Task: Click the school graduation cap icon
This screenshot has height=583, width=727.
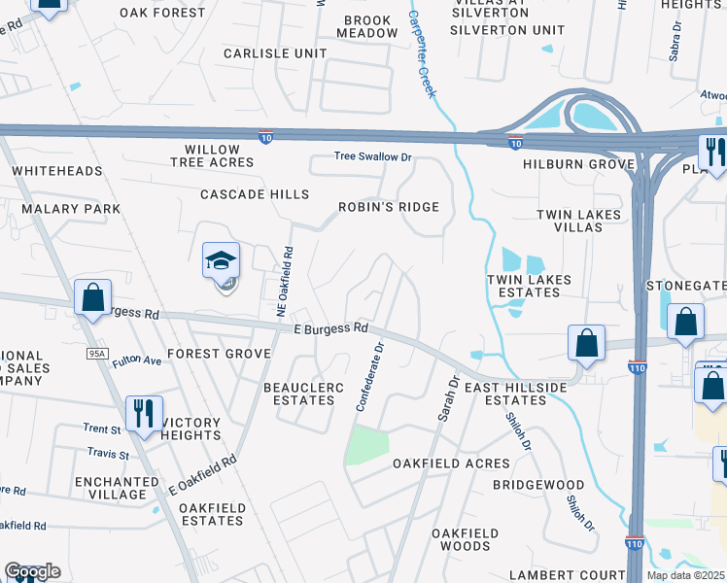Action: click(221, 261)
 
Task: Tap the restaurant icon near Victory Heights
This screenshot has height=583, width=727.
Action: click(144, 414)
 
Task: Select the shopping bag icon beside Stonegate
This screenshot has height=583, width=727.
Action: click(685, 323)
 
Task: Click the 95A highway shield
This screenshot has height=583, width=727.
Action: click(95, 353)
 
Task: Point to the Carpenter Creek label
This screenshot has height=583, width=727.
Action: click(422, 54)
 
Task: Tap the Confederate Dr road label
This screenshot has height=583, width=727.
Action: click(370, 375)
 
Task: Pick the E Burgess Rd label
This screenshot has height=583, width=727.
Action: click(330, 328)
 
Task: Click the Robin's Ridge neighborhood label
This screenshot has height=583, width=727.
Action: click(389, 207)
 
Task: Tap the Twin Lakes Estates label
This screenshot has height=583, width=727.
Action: click(529, 286)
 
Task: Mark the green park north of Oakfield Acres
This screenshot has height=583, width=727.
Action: click(367, 445)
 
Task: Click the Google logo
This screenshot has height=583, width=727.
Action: click(32, 571)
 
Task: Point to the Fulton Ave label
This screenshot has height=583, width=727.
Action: click(136, 360)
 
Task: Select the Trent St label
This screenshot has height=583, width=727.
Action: click(100, 429)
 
